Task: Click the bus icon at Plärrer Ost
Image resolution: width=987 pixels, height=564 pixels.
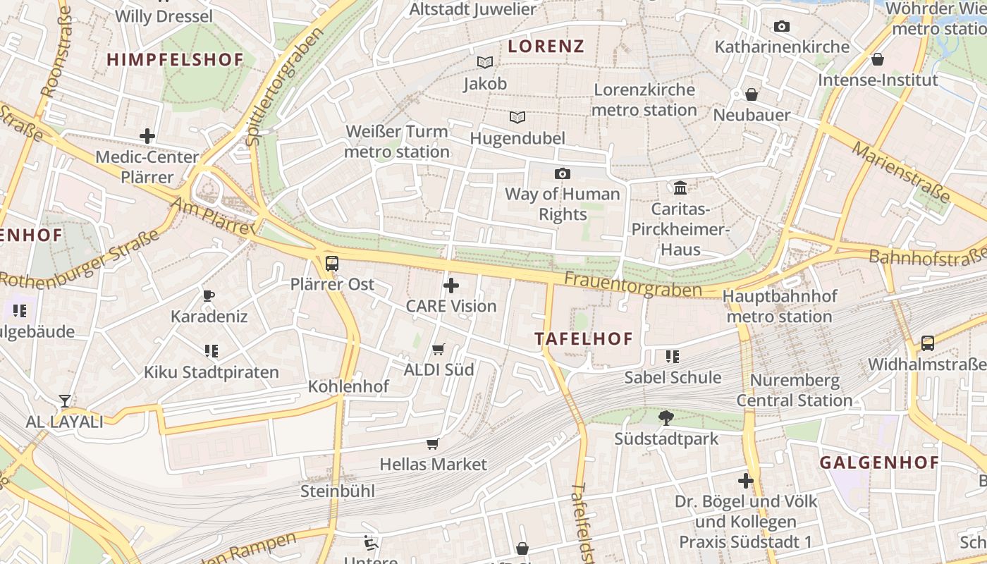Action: [331, 264]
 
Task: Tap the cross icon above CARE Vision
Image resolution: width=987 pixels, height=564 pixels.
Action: [451, 286]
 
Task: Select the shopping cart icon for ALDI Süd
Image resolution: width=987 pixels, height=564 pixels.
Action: [439, 349]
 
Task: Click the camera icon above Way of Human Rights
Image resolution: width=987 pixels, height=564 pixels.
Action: [562, 173]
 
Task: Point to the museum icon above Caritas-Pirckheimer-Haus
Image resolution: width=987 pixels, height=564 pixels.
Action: [680, 188]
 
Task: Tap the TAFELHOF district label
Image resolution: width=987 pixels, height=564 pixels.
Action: [584, 338]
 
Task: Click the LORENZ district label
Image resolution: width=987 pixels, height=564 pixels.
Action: [546, 47]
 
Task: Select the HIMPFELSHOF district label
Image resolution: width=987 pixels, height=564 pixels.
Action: [175, 60]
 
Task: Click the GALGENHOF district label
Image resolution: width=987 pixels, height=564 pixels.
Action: [879, 462]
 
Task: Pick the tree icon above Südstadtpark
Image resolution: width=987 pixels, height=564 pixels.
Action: [666, 418]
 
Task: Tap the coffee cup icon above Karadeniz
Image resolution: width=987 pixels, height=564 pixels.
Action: [209, 295]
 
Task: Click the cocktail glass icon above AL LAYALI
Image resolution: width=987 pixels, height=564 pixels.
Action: [65, 401]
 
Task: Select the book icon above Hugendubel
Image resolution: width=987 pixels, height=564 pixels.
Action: [517, 117]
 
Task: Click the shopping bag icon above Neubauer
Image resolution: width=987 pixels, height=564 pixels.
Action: [752, 94]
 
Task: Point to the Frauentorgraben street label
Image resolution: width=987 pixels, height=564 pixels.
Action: [632, 285]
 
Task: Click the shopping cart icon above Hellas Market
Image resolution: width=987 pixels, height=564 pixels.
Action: [433, 443]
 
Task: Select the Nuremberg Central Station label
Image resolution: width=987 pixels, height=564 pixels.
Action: [795, 391]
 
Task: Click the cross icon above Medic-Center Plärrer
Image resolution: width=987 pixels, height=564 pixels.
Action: [147, 135]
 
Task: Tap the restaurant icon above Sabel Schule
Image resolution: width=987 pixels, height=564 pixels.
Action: [673, 357]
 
